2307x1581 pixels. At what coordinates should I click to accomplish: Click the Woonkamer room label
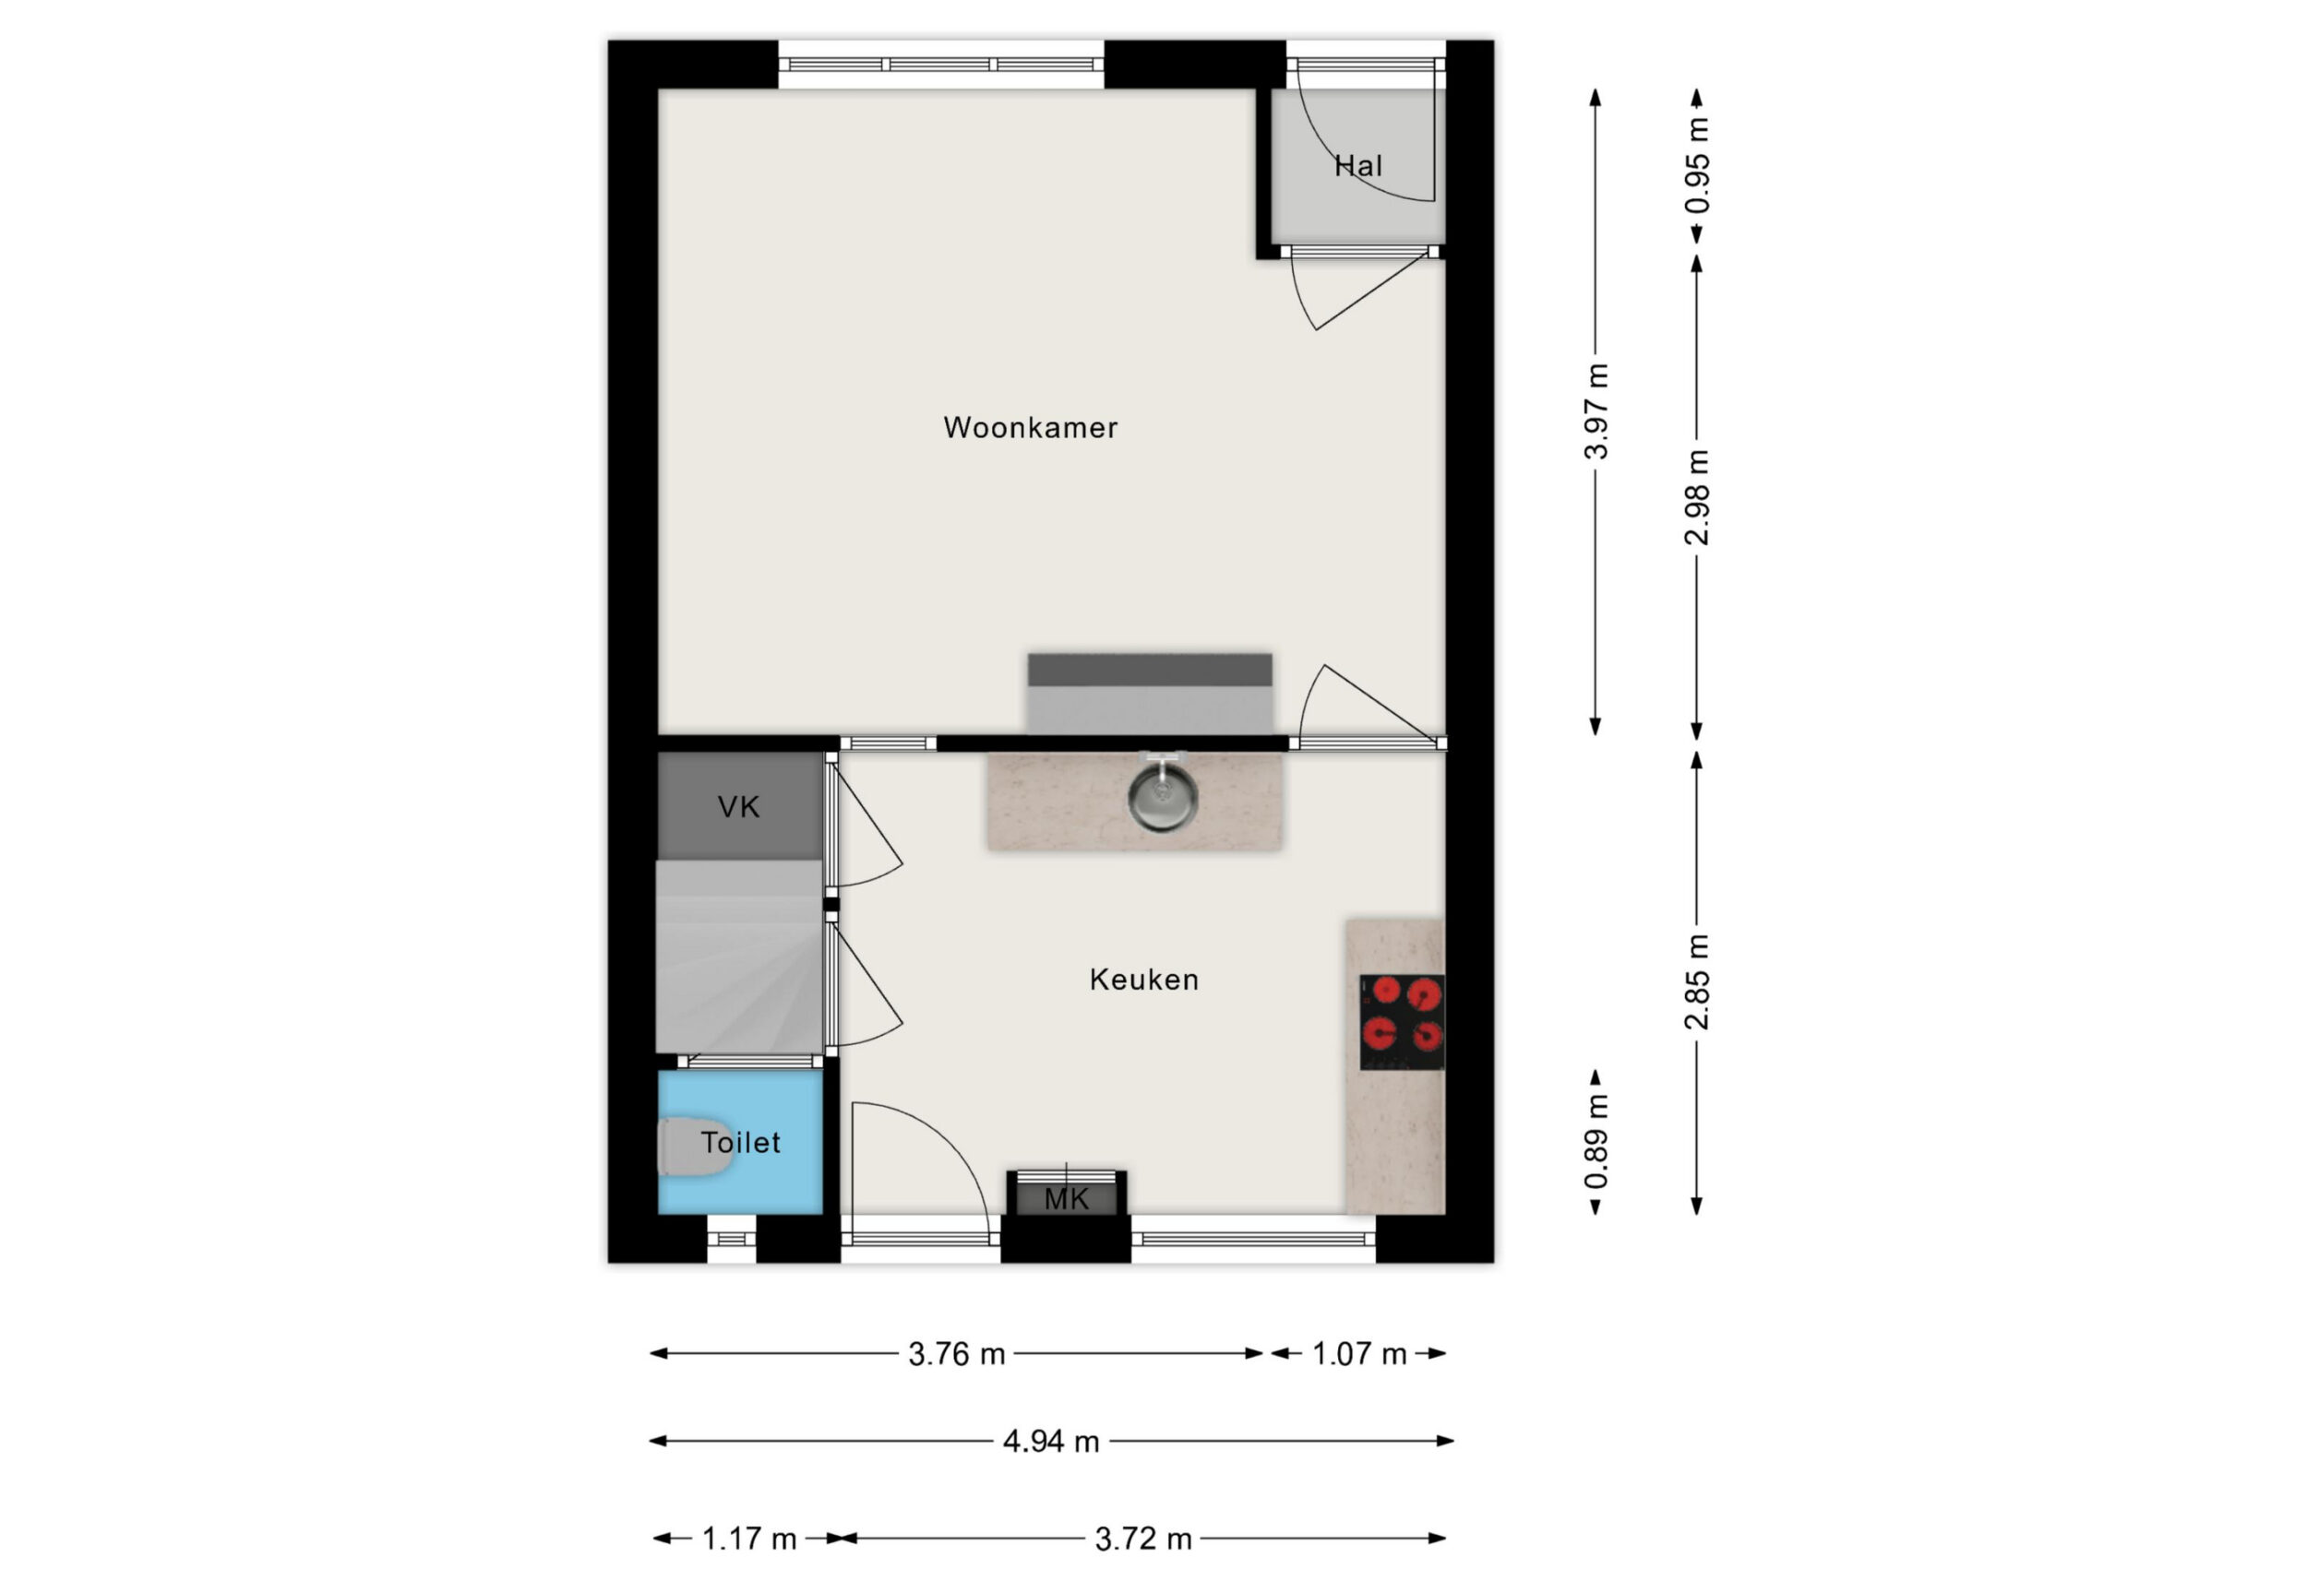click(1030, 428)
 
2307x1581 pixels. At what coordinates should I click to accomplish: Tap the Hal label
click(1358, 166)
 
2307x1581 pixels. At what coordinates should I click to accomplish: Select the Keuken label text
click(1143, 980)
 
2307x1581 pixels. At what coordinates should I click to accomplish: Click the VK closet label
click(738, 807)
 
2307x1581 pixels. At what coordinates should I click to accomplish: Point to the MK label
click(1066, 1199)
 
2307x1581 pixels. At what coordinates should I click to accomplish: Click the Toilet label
click(740, 1142)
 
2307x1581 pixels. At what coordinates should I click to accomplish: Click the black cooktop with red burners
click(1402, 1022)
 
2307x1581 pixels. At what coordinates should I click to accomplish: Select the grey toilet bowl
click(695, 1147)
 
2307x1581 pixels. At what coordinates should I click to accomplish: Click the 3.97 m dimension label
click(1596, 410)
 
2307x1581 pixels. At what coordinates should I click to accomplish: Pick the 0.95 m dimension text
click(1696, 166)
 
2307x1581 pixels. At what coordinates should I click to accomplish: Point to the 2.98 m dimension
click(1696, 497)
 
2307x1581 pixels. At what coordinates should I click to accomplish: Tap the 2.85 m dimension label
click(1696, 981)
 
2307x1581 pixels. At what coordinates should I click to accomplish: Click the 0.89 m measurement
click(1596, 1141)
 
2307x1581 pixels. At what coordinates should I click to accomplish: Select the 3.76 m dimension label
click(956, 1354)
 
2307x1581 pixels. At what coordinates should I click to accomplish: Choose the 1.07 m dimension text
click(1359, 1354)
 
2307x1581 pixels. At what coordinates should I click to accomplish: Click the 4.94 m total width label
click(1051, 1441)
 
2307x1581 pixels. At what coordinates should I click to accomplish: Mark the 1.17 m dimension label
click(748, 1539)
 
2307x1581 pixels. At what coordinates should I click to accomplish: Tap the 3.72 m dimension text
click(1142, 1539)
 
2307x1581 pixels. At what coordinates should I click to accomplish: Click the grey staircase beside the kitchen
click(739, 957)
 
